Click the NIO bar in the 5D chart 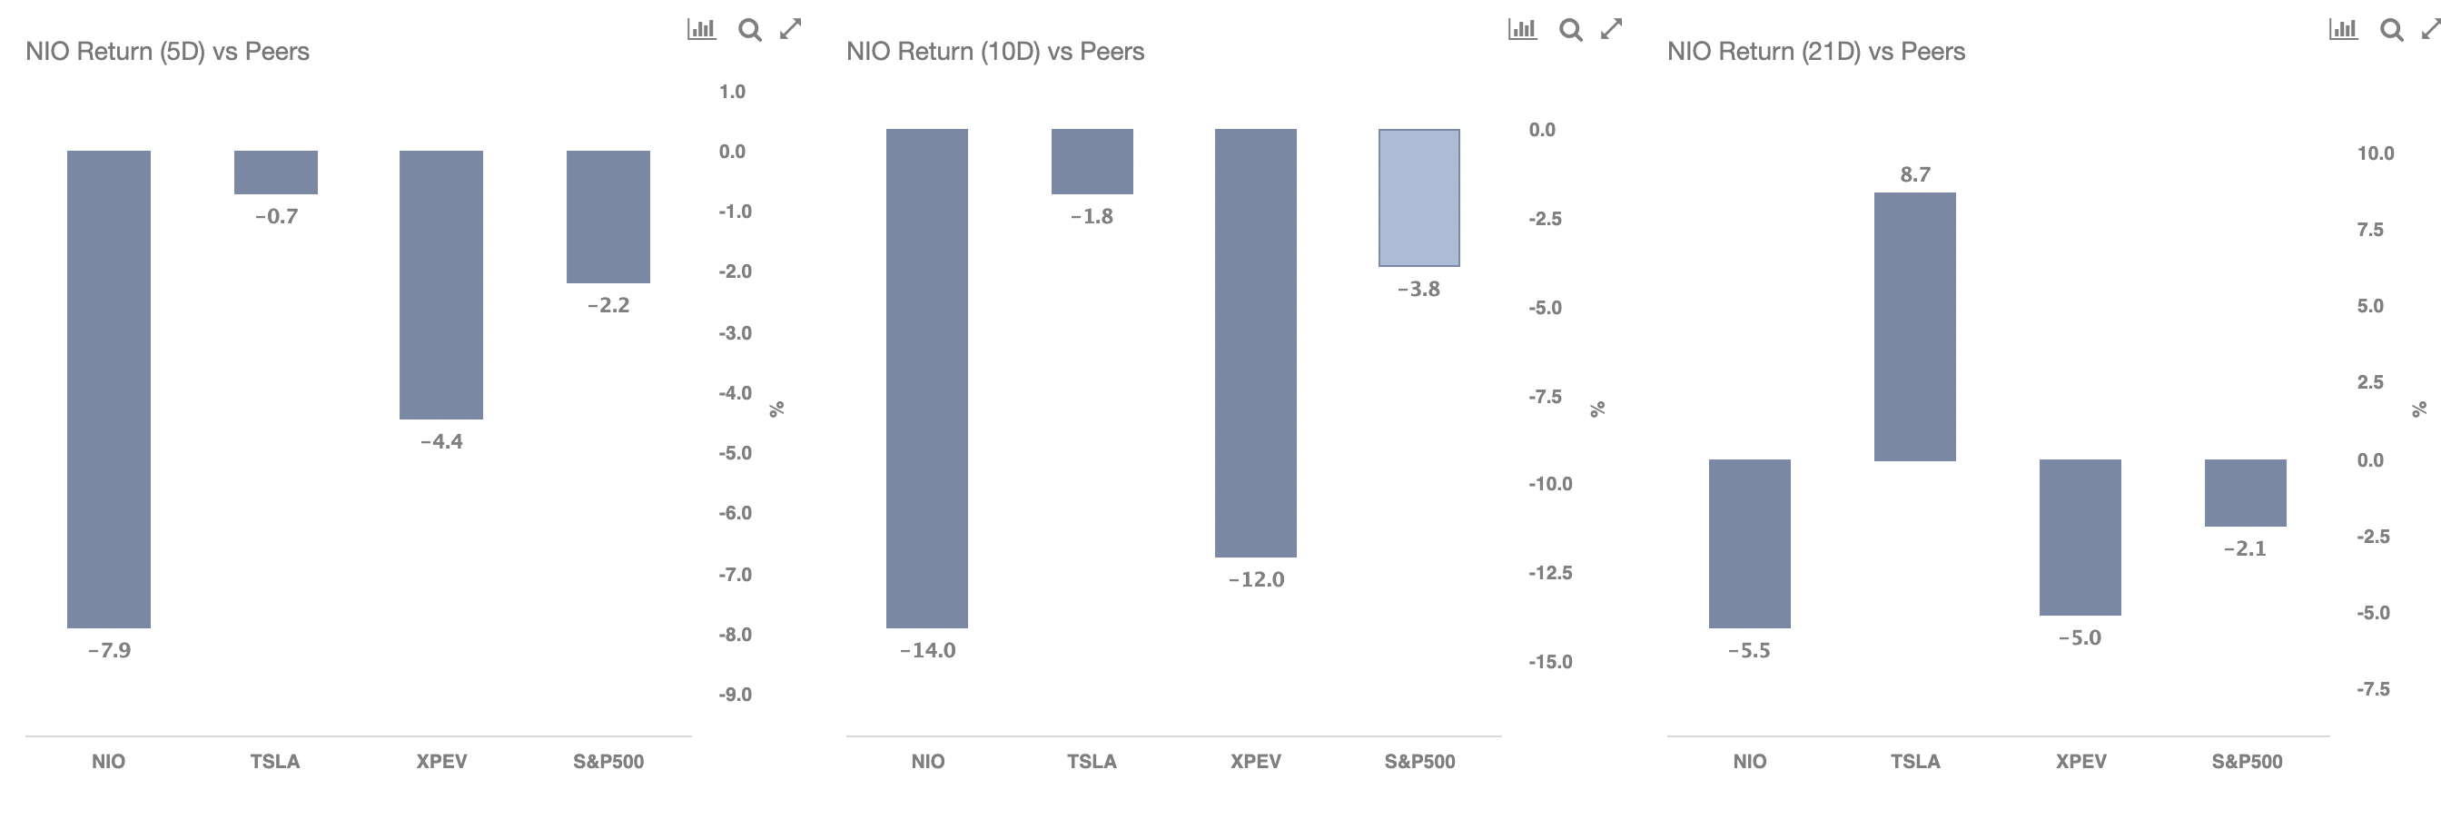(109, 389)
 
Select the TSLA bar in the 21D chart (1915, 327)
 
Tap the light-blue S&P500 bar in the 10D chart (1419, 197)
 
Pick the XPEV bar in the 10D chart (1256, 343)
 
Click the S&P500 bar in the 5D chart (608, 216)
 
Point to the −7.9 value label (109, 650)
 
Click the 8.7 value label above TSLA (1915, 174)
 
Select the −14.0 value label (928, 650)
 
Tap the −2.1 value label (2245, 548)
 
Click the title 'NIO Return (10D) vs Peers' (995, 51)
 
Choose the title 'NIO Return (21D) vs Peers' (1815, 51)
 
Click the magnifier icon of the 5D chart (749, 30)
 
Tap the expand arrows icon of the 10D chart (1611, 29)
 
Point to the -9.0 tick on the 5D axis (735, 695)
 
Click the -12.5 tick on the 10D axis (1550, 573)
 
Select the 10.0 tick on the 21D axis (2376, 153)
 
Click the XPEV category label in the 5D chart (441, 761)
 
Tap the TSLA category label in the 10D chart (1092, 761)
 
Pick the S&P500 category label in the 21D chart (2247, 761)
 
